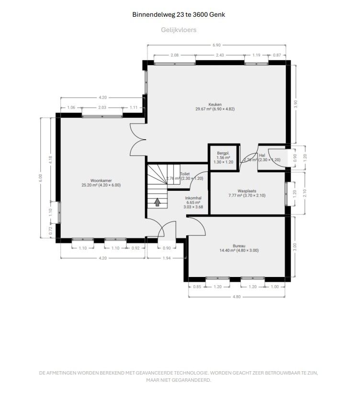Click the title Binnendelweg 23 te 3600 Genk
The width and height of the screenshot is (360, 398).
[x=179, y=14]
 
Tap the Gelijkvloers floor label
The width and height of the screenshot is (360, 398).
[x=179, y=30]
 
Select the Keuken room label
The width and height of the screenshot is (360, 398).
[x=214, y=104]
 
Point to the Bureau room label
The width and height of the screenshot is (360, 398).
[x=238, y=246]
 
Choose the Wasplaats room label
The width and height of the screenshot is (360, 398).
[x=247, y=190]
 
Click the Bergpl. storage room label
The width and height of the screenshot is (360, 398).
[x=223, y=153]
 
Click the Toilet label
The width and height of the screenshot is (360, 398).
[x=184, y=174]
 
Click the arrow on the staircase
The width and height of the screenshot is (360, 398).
[x=157, y=202]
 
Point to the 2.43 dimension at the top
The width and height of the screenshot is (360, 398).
[x=220, y=55]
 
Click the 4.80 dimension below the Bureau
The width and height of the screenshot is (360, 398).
[x=237, y=297]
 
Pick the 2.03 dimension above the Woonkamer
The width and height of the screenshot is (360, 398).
[x=102, y=108]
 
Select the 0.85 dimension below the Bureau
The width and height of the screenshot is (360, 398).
[x=197, y=287]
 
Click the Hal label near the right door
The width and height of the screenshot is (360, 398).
[x=262, y=155]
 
